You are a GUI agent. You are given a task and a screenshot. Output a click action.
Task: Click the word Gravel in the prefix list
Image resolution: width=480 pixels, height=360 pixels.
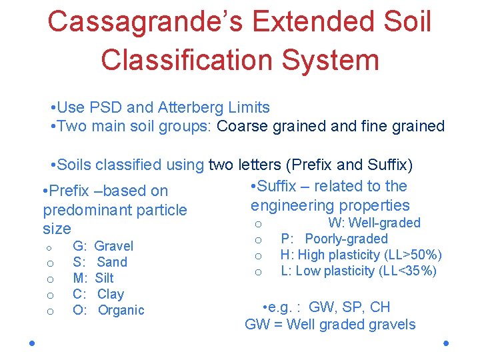click(114, 246)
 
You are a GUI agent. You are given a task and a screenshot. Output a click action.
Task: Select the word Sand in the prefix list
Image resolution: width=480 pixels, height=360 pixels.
click(112, 262)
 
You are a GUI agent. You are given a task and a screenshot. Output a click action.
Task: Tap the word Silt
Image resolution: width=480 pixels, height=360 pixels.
click(105, 278)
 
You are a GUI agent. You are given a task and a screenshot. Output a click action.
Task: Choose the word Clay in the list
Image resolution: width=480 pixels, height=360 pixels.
click(111, 294)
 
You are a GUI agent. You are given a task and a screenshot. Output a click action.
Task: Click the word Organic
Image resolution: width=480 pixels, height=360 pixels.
click(121, 310)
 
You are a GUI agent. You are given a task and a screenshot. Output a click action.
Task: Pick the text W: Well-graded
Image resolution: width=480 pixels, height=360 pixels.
click(374, 223)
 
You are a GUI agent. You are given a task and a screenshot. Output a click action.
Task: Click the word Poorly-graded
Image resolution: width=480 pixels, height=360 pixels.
click(346, 239)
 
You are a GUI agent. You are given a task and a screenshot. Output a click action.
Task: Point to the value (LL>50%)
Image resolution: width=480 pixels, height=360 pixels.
click(413, 255)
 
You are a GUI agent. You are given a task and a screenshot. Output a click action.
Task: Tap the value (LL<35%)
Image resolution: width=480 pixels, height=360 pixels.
click(408, 271)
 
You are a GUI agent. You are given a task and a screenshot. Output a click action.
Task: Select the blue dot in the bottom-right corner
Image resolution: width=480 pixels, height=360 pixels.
click(445, 343)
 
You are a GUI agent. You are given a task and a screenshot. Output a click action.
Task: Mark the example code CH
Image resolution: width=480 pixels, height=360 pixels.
click(380, 307)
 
